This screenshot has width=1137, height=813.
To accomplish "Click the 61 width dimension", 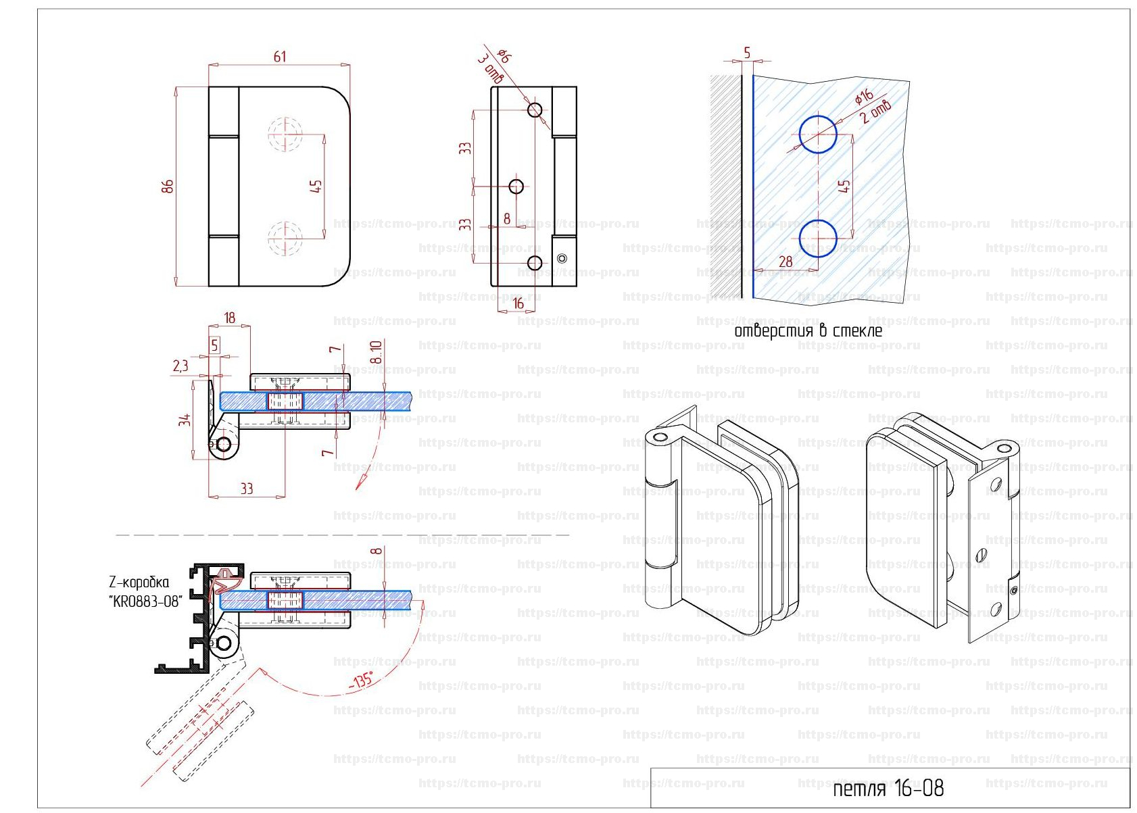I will [x=279, y=57].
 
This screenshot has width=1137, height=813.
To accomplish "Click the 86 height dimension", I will [x=168, y=186].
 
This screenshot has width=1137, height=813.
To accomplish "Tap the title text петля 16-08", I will [x=888, y=788].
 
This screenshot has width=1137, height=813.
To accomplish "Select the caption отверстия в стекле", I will [x=808, y=331].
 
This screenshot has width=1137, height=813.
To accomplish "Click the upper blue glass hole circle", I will [x=818, y=134].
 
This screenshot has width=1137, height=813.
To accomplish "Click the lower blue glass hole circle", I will [x=818, y=239].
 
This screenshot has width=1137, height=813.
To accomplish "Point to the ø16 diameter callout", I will [x=864, y=97].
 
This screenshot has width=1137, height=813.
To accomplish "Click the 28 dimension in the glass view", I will [x=785, y=262].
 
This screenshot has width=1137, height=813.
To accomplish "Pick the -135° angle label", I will [x=362, y=681].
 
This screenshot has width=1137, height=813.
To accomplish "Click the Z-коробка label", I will [x=139, y=583].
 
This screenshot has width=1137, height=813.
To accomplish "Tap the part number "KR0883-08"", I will [x=146, y=601].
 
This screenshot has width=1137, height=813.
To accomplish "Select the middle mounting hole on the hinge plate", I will [x=516, y=186].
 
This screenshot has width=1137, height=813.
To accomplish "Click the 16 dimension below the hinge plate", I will [x=518, y=304].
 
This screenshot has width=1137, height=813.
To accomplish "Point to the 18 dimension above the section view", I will [x=229, y=318].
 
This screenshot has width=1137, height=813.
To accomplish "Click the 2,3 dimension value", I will [x=180, y=366].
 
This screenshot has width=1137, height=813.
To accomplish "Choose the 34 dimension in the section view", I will [x=185, y=420].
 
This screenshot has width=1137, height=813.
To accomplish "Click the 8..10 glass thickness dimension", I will [x=377, y=351].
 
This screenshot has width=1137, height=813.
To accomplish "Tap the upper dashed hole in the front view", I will [x=285, y=134].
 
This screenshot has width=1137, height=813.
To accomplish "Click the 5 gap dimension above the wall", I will [x=747, y=53].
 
